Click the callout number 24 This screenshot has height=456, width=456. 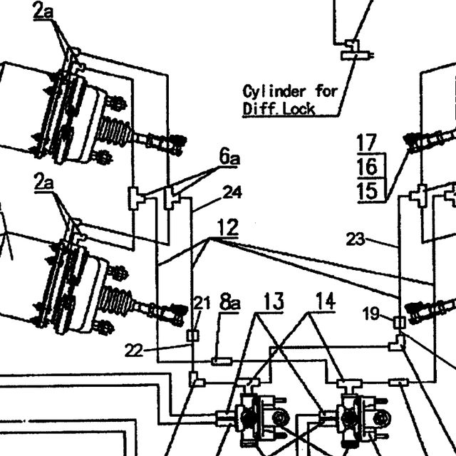[x=232, y=192]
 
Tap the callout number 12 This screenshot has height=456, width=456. [x=228, y=227]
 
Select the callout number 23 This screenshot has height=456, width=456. [x=356, y=239]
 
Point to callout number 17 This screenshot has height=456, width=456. [x=367, y=142]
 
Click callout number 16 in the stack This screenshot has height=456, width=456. [x=368, y=167]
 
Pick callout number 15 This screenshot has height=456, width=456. [x=368, y=192]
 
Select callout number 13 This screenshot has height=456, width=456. [x=274, y=301]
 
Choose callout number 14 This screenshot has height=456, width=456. [x=326, y=301]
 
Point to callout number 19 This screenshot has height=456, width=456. [x=371, y=313]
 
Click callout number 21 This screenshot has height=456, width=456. [x=202, y=303]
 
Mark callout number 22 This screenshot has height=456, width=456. [x=134, y=350]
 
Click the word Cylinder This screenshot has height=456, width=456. [x=274, y=92]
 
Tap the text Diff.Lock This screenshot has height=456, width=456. [x=279, y=109]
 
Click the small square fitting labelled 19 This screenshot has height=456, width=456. [x=400, y=323]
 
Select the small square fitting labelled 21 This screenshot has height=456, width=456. [x=192, y=336]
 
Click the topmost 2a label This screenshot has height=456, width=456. [x=43, y=11]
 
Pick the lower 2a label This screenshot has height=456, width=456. [x=43, y=182]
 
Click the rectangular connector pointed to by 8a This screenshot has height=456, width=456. [x=222, y=361]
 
